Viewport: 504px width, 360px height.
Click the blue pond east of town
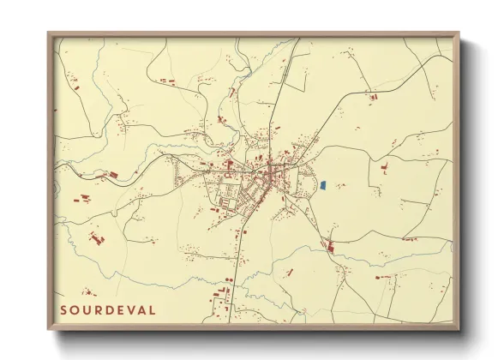pyautogui.click(x=324, y=184)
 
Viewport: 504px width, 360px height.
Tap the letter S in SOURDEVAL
pyautogui.click(x=64, y=309)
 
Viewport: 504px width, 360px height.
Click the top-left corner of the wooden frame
pyautogui.click(x=49, y=33)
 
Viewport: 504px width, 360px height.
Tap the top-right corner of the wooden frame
pyautogui.click(x=459, y=33)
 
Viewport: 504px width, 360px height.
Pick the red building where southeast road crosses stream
pyautogui.click(x=331, y=249)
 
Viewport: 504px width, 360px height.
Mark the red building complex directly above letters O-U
pyautogui.click(x=94, y=234)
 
